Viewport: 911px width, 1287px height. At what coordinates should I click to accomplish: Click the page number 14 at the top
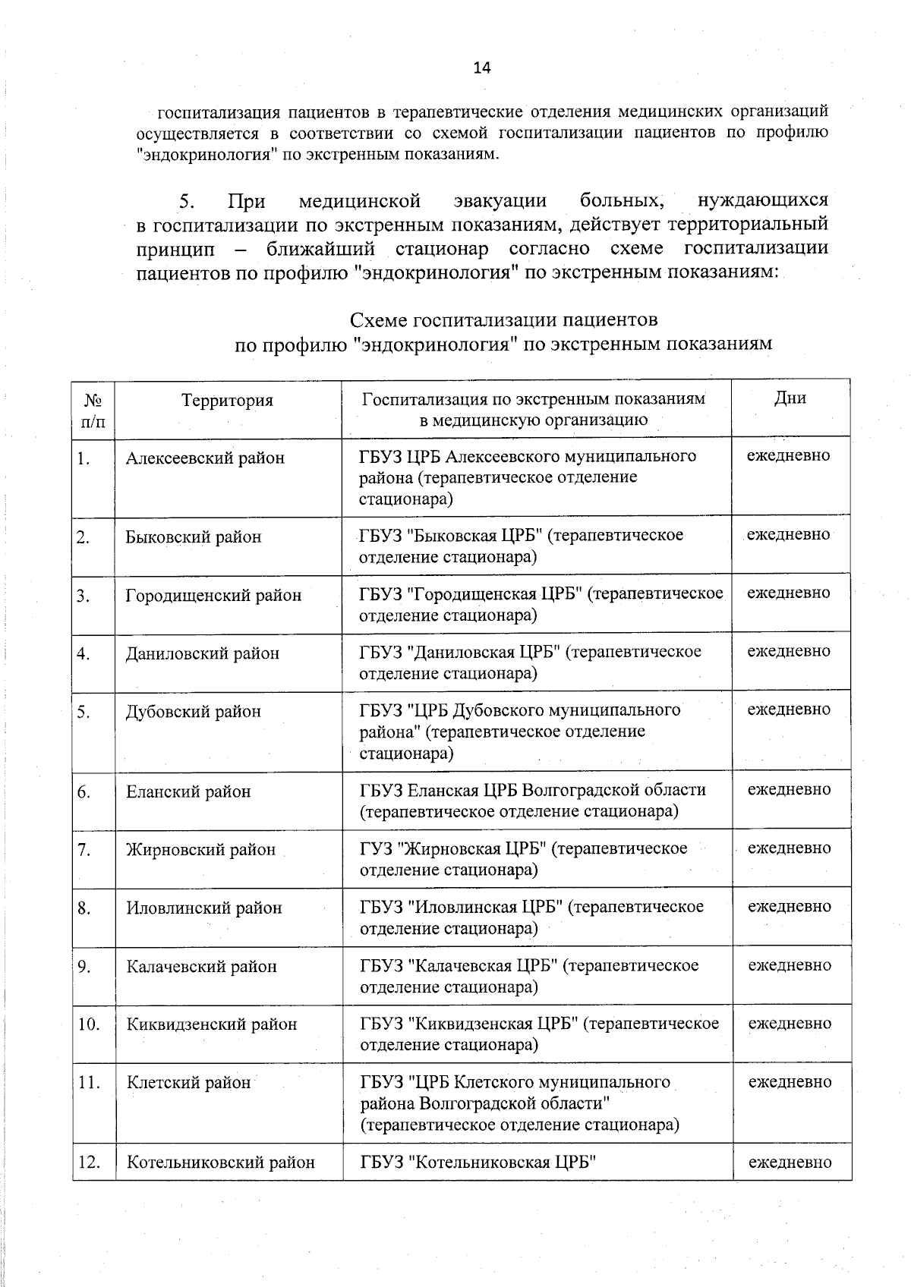[x=482, y=68]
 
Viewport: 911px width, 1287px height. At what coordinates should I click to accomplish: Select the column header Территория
[x=227, y=401]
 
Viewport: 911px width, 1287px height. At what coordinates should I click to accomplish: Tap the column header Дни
[x=790, y=398]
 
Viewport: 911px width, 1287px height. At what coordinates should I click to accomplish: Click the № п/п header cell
[x=93, y=410]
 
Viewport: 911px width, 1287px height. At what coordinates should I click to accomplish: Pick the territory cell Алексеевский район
[x=205, y=458]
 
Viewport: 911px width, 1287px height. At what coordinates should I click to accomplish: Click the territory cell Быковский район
[x=194, y=537]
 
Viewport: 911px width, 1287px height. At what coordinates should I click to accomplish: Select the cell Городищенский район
[x=213, y=596]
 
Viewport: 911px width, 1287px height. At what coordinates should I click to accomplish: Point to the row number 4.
[x=84, y=654]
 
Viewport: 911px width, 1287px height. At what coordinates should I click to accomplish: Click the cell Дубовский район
[x=193, y=712]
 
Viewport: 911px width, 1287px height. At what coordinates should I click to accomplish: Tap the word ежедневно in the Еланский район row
[x=790, y=790]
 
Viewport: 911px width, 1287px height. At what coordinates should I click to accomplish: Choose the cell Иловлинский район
[x=203, y=908]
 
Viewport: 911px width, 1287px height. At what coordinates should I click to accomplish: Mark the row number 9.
[x=84, y=967]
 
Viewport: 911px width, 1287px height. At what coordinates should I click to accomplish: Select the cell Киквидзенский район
[x=211, y=1024]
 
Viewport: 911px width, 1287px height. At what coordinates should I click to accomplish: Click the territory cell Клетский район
[x=188, y=1083]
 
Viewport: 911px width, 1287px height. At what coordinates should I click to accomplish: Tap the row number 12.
[x=89, y=1163]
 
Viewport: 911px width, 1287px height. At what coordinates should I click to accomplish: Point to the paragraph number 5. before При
[x=187, y=202]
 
